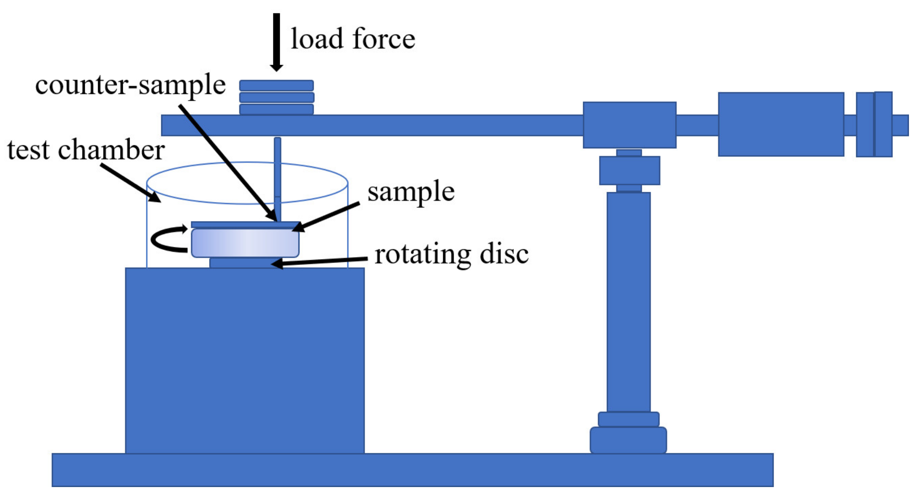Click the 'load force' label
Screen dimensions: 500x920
tap(353, 39)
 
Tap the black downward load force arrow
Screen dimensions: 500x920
tap(276, 42)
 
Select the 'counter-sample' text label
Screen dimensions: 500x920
tap(130, 84)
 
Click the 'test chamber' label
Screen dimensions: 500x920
tap(86, 150)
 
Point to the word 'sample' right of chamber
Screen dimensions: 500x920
tap(411, 191)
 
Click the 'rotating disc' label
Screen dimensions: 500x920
tap(451, 254)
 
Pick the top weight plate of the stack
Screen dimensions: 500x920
tap(276, 86)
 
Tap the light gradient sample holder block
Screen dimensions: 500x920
tap(245, 243)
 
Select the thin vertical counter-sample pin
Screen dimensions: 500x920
tap(278, 175)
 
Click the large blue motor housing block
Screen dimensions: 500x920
tap(245, 360)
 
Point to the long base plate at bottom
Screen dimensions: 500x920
tap(412, 470)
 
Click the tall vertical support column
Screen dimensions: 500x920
tap(628, 301)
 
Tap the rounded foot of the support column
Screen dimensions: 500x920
tap(628, 440)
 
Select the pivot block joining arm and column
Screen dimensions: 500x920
tap(629, 125)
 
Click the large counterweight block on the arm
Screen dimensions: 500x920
tap(781, 124)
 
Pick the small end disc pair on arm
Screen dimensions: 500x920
tap(874, 124)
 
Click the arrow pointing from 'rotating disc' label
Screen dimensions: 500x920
tap(319, 261)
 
